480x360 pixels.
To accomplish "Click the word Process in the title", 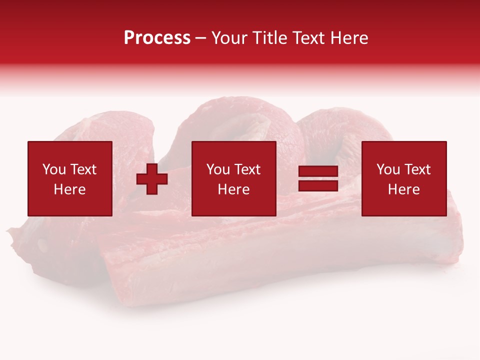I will click(157, 38).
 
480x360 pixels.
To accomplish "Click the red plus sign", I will click(152, 178).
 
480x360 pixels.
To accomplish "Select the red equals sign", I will click(318, 178).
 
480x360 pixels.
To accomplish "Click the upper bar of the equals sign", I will click(318, 172).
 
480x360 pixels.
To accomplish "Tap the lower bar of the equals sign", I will click(318, 185).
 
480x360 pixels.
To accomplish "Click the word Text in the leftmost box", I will click(83, 169).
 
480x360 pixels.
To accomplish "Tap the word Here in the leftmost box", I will click(69, 189).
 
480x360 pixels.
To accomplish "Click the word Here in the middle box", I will click(233, 189).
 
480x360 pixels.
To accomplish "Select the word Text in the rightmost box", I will click(417, 169).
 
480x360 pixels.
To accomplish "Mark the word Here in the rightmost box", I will click(403, 189).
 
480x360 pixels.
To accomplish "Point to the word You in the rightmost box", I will click(388, 169).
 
